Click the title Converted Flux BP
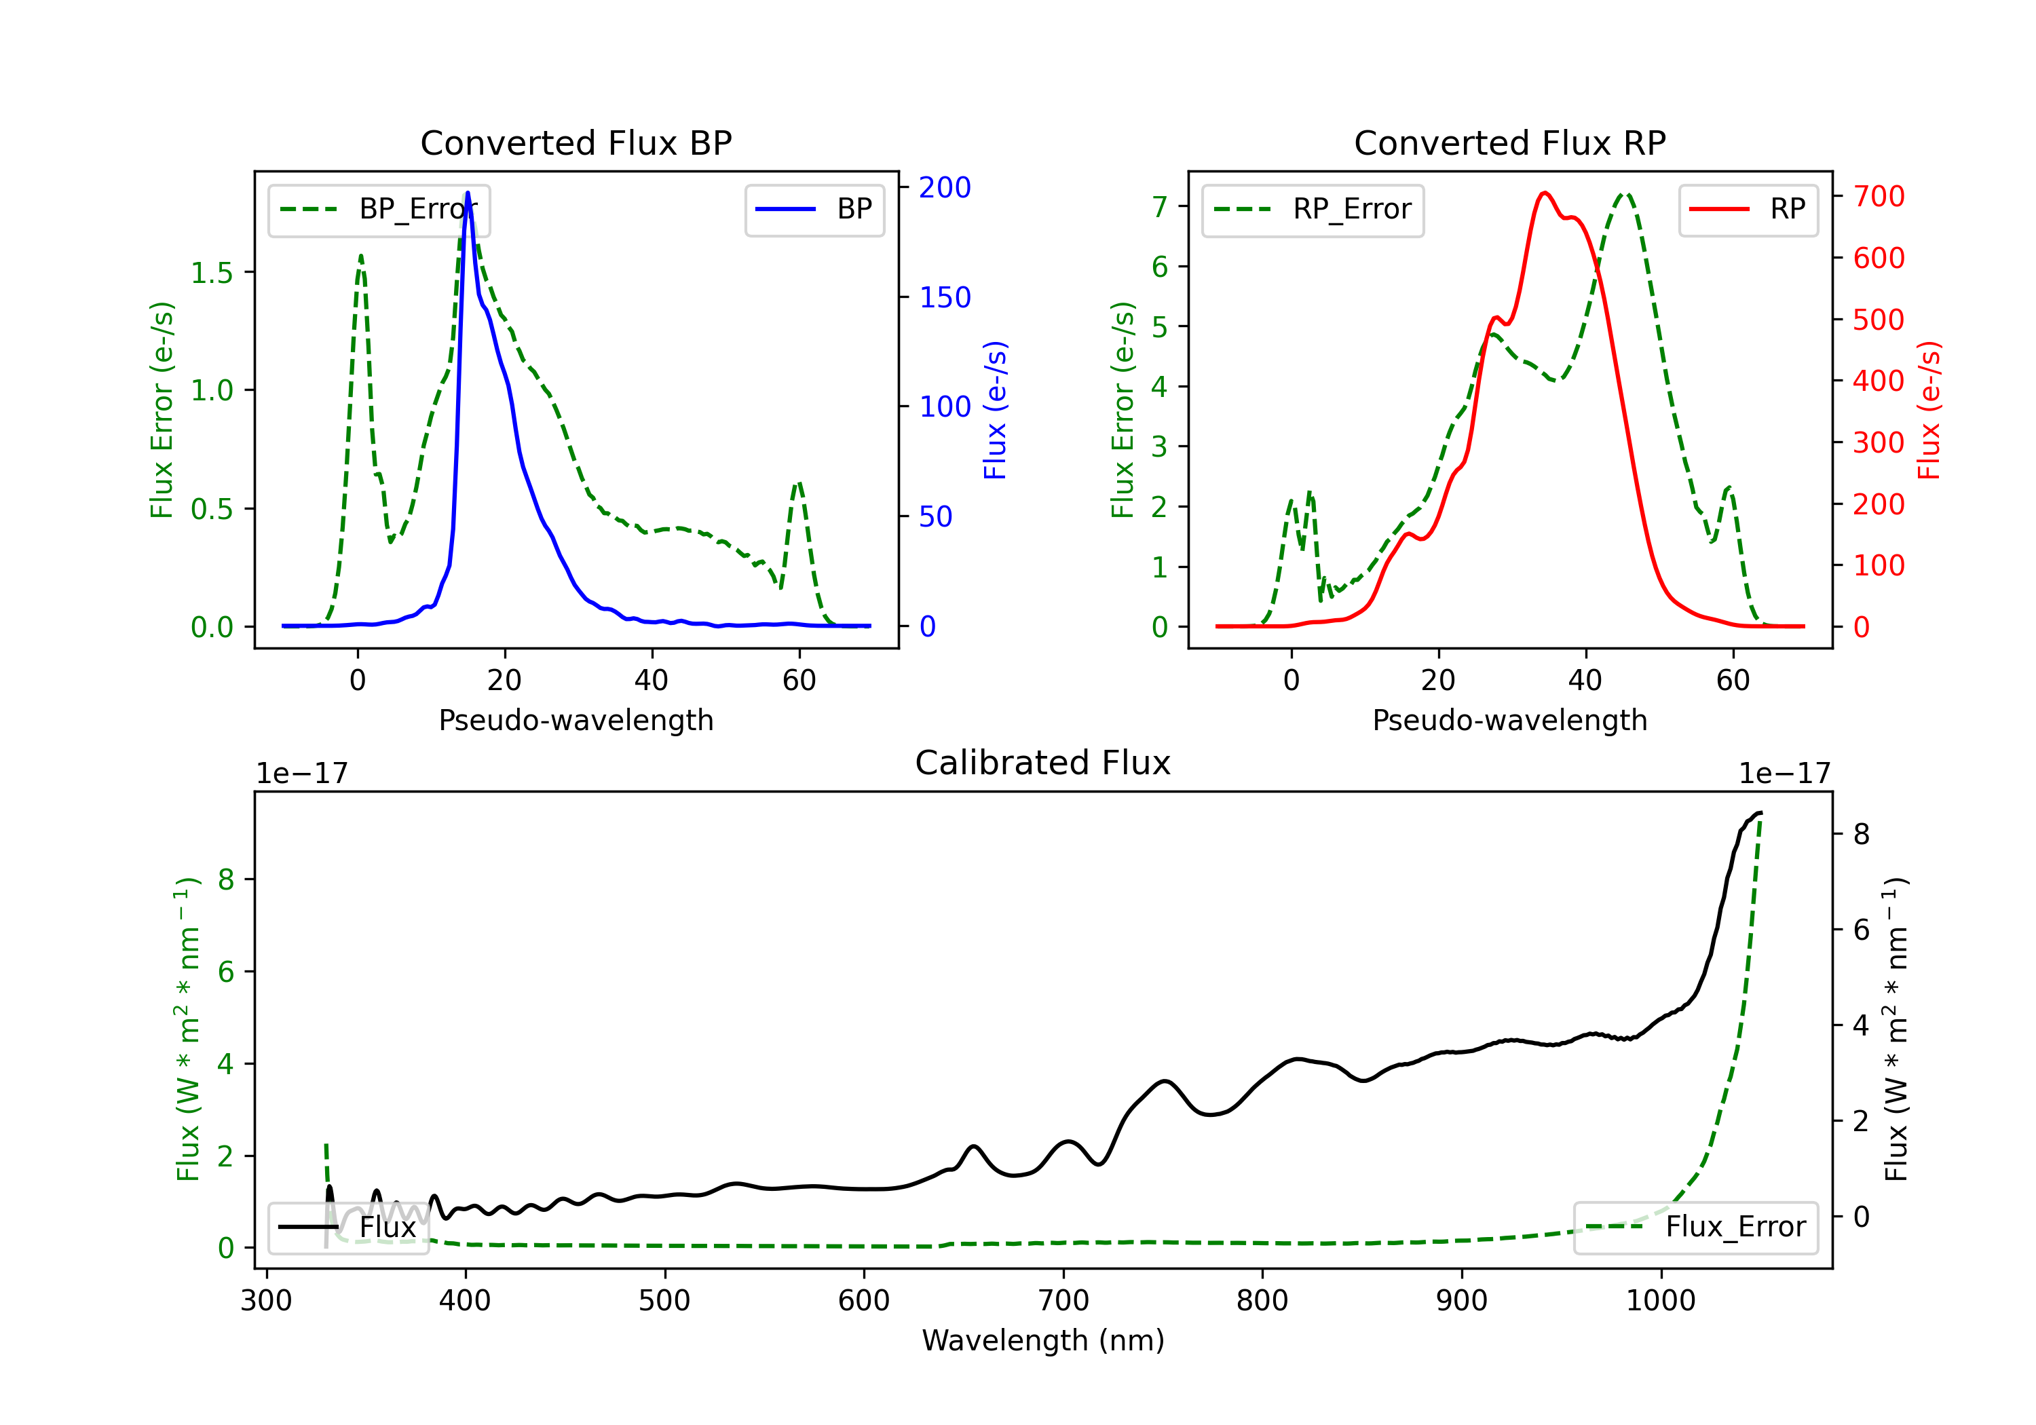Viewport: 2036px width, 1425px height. [x=576, y=142]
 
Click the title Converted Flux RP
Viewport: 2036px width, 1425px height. [x=1510, y=142]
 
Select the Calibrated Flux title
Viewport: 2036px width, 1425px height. [x=1043, y=763]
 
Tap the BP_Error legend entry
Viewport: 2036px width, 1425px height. [x=379, y=209]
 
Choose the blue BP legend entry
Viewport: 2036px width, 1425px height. [x=814, y=209]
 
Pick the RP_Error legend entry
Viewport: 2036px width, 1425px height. [x=1313, y=209]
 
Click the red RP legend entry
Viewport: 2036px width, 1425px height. [x=1748, y=209]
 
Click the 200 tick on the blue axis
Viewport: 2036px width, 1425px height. [x=945, y=187]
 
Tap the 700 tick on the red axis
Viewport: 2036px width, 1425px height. [x=1878, y=196]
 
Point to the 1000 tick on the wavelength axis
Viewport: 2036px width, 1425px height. [x=1661, y=1300]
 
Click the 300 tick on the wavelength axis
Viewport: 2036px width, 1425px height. [x=266, y=1300]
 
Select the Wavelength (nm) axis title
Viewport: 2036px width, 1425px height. [x=1043, y=1340]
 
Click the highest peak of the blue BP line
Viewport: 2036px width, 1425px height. [x=468, y=193]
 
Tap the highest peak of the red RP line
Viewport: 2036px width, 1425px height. [x=1545, y=193]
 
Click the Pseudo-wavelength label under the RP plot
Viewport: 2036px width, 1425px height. [x=1510, y=720]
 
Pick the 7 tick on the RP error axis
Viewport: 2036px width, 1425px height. [x=1159, y=206]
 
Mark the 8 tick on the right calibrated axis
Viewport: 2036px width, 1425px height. [x=1862, y=835]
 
